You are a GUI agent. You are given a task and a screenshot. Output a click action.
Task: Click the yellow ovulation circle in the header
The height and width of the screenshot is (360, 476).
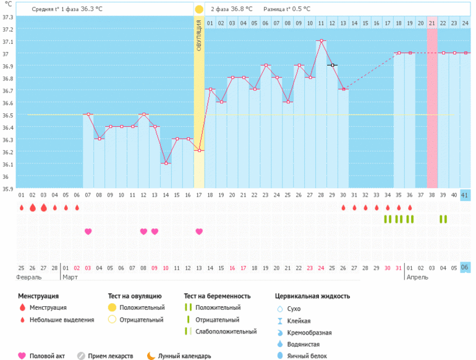[198, 9]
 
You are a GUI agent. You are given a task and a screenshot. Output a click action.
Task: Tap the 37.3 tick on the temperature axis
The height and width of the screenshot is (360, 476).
[8, 17]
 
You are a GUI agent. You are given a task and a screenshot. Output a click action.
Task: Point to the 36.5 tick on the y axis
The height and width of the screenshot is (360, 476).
[8, 115]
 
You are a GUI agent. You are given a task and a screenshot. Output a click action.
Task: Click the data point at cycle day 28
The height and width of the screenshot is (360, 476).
[321, 41]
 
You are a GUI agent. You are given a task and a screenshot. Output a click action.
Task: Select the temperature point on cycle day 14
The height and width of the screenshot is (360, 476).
[166, 163]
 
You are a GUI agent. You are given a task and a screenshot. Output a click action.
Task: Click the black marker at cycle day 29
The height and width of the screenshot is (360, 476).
[333, 65]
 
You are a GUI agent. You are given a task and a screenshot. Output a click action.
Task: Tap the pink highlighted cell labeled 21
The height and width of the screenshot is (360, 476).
[432, 23]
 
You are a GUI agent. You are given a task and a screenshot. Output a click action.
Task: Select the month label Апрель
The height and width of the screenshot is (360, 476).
[417, 278]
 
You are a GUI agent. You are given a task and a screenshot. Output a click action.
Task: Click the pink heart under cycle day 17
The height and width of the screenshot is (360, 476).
[199, 231]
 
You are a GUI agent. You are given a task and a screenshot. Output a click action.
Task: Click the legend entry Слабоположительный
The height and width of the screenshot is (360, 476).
[225, 332]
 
